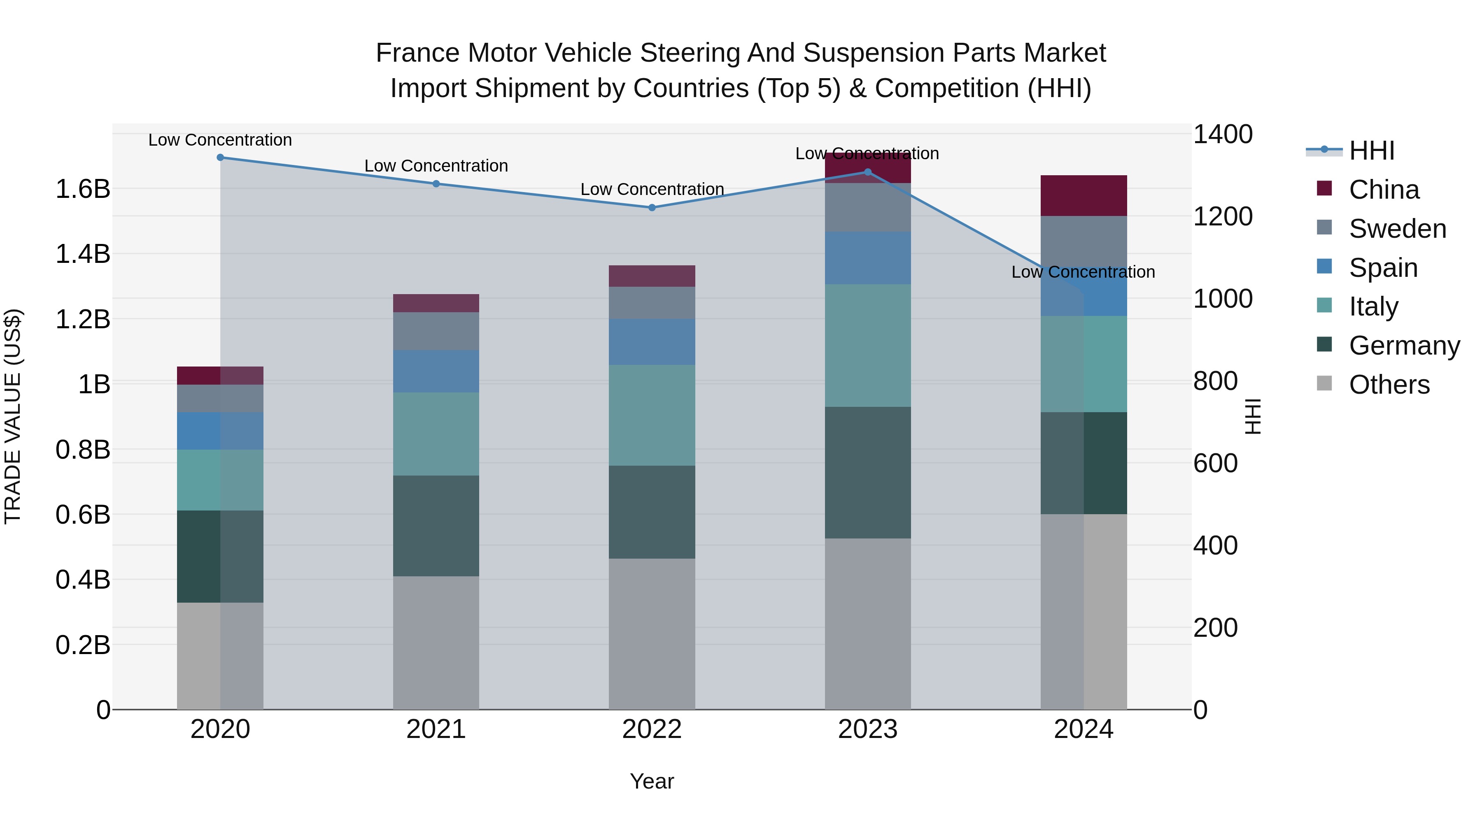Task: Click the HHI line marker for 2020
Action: pyautogui.click(x=220, y=158)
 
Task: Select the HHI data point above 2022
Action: pyautogui.click(x=652, y=208)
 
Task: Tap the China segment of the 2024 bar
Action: pyautogui.click(x=1084, y=195)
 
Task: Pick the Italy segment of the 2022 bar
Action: pyautogui.click(x=652, y=415)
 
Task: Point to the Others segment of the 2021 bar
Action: pyautogui.click(x=436, y=643)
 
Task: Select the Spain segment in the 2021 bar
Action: pyautogui.click(x=436, y=371)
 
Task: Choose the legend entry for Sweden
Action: pyautogui.click(x=1397, y=229)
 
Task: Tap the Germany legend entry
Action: pyautogui.click(x=1404, y=346)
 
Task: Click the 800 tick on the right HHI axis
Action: pyautogui.click(x=1215, y=381)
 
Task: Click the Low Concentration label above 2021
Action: pyautogui.click(x=436, y=166)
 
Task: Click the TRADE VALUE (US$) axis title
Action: pyautogui.click(x=13, y=416)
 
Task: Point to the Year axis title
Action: pyautogui.click(x=652, y=781)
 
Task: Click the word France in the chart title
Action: pyautogui.click(x=418, y=53)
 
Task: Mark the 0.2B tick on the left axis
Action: pyautogui.click(x=83, y=645)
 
